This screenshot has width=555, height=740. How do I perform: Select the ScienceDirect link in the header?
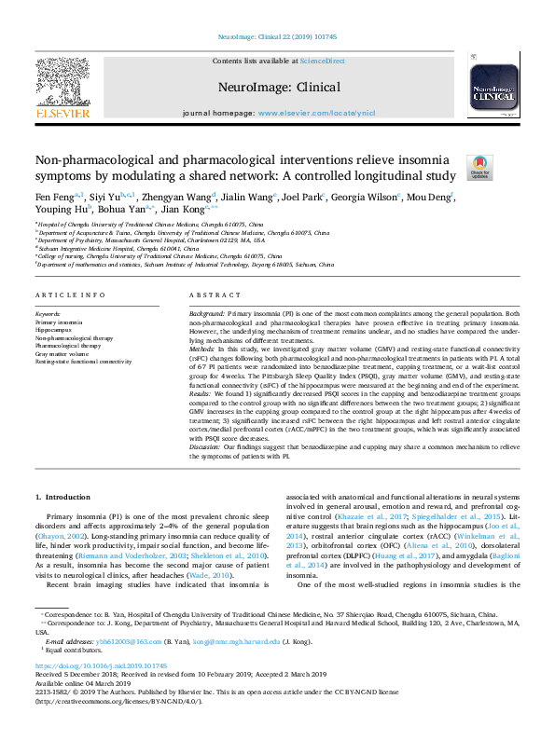[x=322, y=62]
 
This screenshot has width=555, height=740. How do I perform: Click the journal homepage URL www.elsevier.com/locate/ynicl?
[x=316, y=113]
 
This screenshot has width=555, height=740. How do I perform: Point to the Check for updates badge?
[x=480, y=167]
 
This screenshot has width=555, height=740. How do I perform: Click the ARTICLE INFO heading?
[x=68, y=295]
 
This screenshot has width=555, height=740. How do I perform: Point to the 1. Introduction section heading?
[x=63, y=498]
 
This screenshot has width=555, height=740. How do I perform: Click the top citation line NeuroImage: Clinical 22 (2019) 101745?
[x=277, y=36]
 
